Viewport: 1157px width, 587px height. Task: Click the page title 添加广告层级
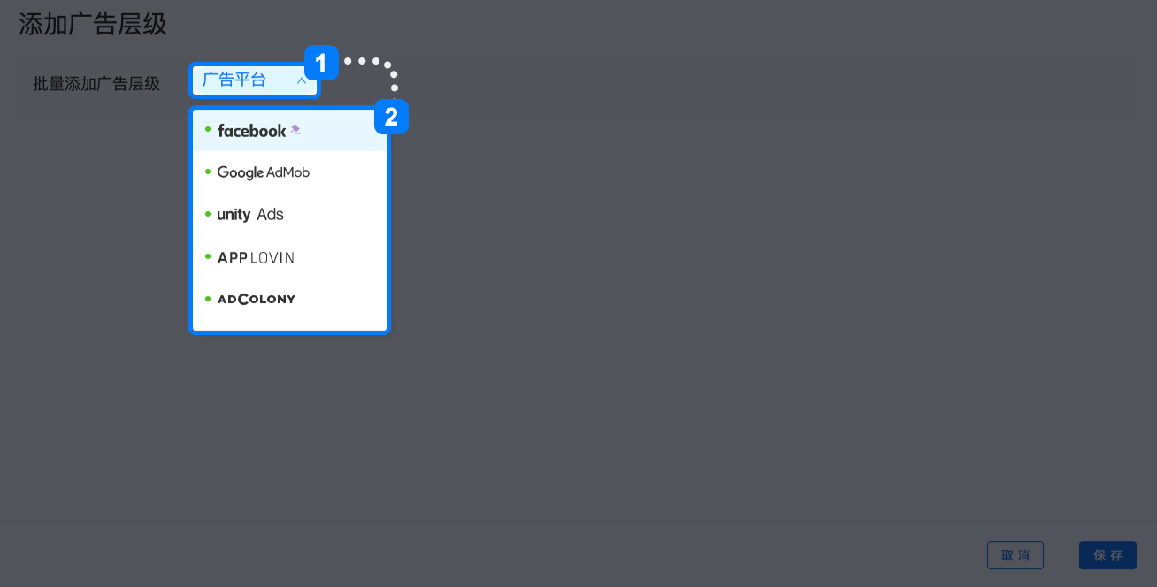pos(93,24)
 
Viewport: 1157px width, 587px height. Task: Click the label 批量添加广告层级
pos(96,84)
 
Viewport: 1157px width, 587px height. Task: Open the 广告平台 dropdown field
pos(254,80)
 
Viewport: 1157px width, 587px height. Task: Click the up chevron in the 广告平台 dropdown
pos(302,80)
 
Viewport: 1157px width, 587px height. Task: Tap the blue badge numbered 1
pos(321,63)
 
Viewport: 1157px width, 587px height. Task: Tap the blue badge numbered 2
pos(391,117)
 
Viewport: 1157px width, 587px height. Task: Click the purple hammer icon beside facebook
pos(295,129)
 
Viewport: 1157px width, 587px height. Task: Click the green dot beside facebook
pos(208,129)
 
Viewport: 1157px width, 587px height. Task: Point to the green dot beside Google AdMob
pos(208,172)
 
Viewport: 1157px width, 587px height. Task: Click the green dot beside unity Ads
pos(208,214)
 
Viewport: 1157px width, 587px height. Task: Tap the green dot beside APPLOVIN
pos(208,256)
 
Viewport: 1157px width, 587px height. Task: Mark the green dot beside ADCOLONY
pos(208,299)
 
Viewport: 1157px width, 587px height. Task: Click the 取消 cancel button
pos(1015,555)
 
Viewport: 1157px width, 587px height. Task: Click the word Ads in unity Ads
pos(270,214)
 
